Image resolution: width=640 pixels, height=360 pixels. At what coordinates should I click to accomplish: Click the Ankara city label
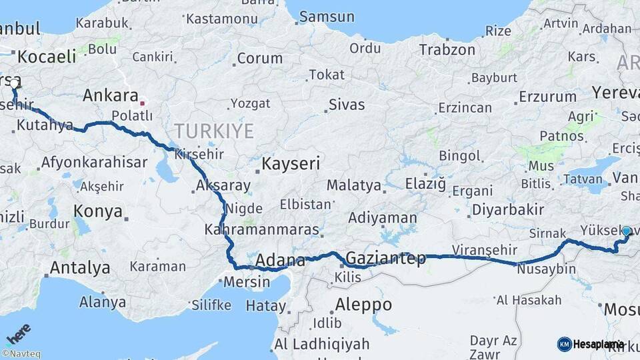pos(111,95)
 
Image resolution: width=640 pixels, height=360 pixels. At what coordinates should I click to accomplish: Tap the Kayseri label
pos(291,163)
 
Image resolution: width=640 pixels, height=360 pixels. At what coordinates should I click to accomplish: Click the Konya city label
pos(98,212)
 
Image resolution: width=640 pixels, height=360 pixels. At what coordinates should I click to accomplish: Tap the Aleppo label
pos(363,305)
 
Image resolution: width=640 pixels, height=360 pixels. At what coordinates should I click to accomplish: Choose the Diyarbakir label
pos(508,209)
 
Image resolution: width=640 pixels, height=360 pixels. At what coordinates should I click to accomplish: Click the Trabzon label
pos(447,49)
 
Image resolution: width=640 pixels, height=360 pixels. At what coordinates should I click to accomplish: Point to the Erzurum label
pos(547,97)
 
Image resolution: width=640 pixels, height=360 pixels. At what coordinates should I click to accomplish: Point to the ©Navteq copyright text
pos(21,354)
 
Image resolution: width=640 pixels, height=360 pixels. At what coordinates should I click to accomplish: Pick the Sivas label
pos(347,105)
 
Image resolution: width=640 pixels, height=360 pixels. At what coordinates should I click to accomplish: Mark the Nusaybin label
pos(546,269)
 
